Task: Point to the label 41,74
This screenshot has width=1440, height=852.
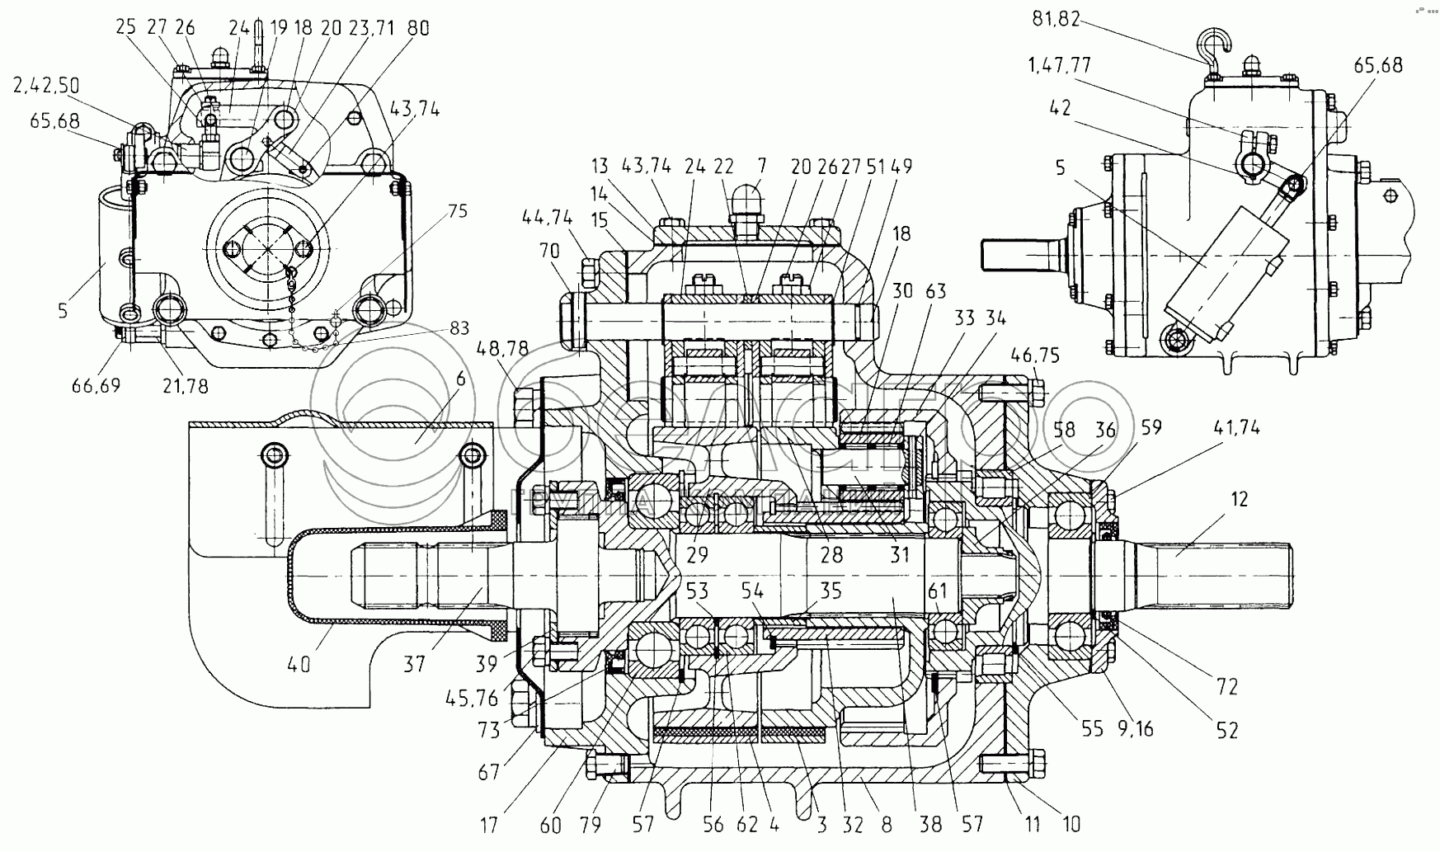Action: (1237, 428)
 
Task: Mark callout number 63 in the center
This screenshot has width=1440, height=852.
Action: (934, 291)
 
